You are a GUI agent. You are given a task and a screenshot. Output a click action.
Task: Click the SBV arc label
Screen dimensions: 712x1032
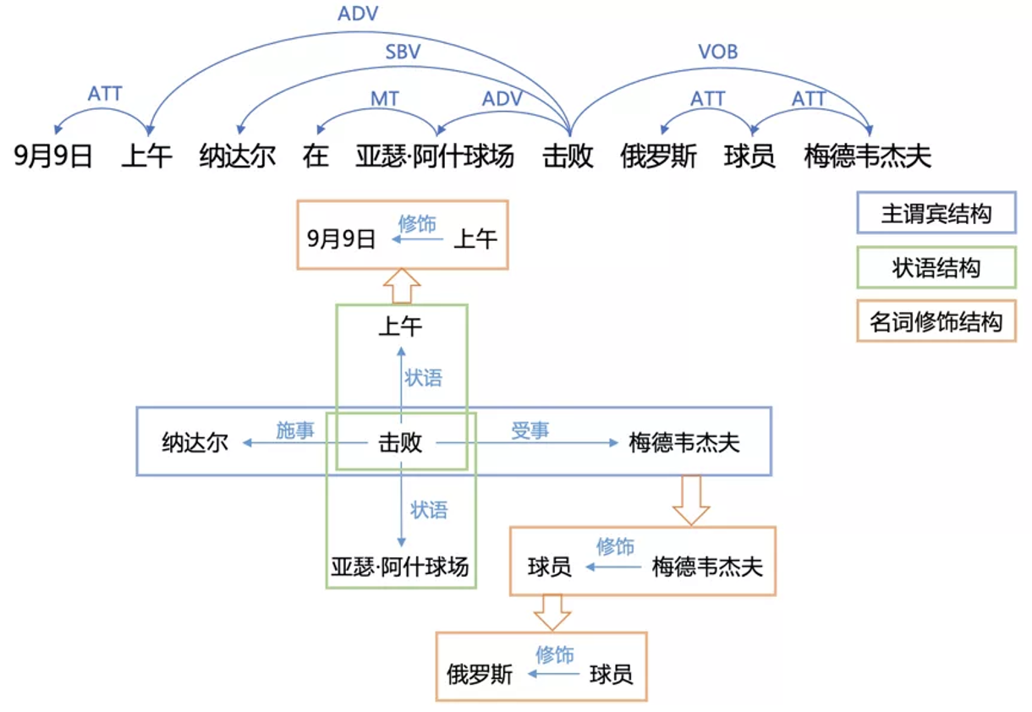tap(403, 52)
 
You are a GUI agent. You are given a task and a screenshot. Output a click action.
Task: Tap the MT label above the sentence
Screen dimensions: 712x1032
tap(385, 99)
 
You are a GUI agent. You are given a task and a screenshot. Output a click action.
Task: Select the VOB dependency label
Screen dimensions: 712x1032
tap(717, 52)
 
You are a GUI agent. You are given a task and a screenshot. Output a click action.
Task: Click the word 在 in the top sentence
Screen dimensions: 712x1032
tap(316, 156)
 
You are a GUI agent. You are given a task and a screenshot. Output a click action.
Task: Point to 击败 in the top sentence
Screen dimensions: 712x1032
tap(568, 156)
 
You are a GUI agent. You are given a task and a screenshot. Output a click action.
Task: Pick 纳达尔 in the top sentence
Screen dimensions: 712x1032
tap(238, 156)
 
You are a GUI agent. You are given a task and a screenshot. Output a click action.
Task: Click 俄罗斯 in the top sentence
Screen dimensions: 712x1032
tap(658, 156)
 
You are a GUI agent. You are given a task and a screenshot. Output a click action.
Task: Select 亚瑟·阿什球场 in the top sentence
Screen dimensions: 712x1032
tap(435, 156)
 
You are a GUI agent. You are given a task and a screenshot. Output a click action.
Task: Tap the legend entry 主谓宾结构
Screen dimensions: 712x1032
tap(936, 214)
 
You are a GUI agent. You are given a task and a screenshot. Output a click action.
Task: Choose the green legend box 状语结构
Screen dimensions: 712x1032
tap(936, 268)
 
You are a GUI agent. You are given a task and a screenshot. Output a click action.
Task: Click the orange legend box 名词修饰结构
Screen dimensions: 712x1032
tap(936, 321)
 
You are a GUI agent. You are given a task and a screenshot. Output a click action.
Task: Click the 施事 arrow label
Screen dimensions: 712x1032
tap(295, 430)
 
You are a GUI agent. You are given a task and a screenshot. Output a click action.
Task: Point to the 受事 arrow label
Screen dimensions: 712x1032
tap(530, 430)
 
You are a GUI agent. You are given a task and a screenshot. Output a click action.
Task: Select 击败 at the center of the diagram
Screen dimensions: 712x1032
tap(400, 443)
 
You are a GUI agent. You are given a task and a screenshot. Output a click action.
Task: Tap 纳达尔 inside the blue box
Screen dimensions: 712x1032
tap(195, 443)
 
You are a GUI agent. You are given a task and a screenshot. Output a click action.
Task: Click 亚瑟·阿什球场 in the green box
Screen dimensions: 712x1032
tap(399, 566)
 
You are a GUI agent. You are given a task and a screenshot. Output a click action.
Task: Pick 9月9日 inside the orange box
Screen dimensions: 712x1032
tap(341, 239)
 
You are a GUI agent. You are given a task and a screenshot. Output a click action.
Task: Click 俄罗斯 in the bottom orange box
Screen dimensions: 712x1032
tap(480, 674)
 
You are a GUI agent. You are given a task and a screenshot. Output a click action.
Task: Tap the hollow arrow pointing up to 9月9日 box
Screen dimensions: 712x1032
tap(401, 286)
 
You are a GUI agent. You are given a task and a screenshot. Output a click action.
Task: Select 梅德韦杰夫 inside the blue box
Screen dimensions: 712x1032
tap(684, 443)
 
